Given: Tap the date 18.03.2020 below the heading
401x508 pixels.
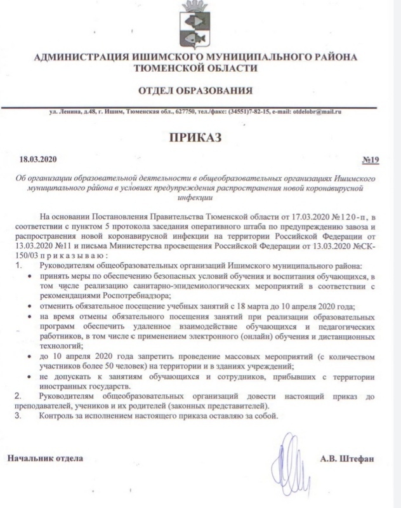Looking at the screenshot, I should [x=39, y=159].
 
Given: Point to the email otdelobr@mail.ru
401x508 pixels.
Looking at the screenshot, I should [x=317, y=112].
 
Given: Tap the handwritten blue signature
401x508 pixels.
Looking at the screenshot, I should [x=289, y=454].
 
